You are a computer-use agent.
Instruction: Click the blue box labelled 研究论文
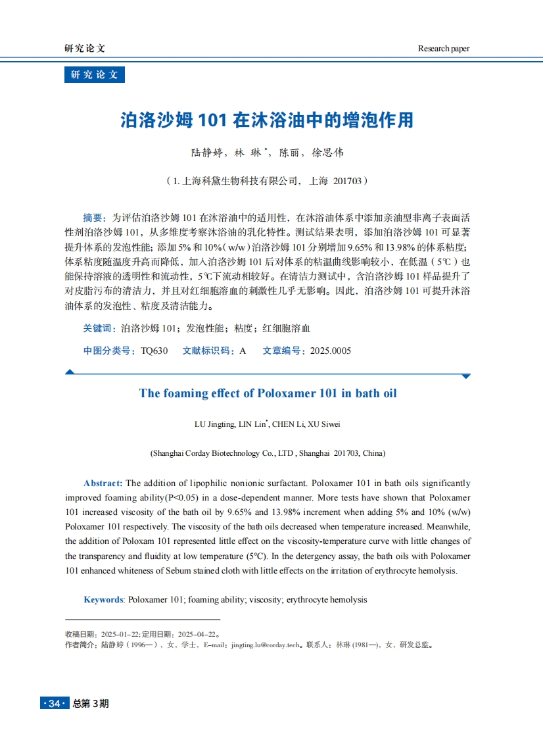point(95,75)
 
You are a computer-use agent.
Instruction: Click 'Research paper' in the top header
point(444,49)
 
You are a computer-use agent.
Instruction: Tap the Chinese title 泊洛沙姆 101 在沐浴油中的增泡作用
point(267,120)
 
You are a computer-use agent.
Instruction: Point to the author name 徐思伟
point(327,153)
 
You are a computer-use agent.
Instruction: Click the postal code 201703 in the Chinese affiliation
point(348,180)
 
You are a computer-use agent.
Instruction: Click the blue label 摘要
point(93,217)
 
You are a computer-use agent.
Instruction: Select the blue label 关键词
point(99,328)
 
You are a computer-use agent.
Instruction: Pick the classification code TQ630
point(154,351)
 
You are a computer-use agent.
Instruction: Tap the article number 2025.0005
point(331,351)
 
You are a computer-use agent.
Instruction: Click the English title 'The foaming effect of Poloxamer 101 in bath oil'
point(268,393)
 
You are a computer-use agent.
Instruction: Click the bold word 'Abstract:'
point(103,483)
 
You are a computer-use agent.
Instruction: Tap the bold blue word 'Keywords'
point(103,600)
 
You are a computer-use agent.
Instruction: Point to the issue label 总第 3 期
point(91,704)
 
